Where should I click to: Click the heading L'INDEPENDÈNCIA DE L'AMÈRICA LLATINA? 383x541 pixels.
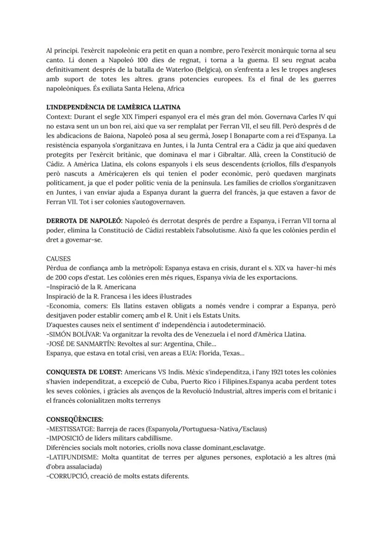point(113,107)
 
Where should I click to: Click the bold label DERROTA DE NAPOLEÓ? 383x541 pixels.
point(84,222)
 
